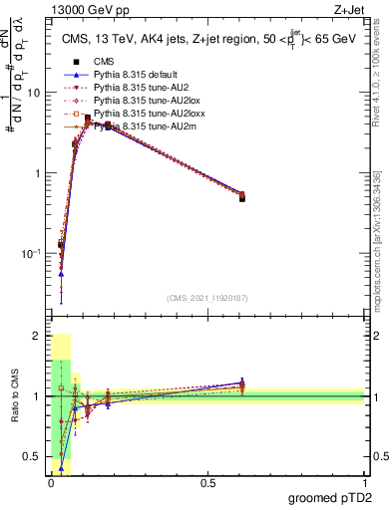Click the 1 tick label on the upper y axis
(39, 173)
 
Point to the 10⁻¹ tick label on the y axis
(33, 254)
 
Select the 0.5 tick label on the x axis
(207, 483)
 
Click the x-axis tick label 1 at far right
(363, 483)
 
